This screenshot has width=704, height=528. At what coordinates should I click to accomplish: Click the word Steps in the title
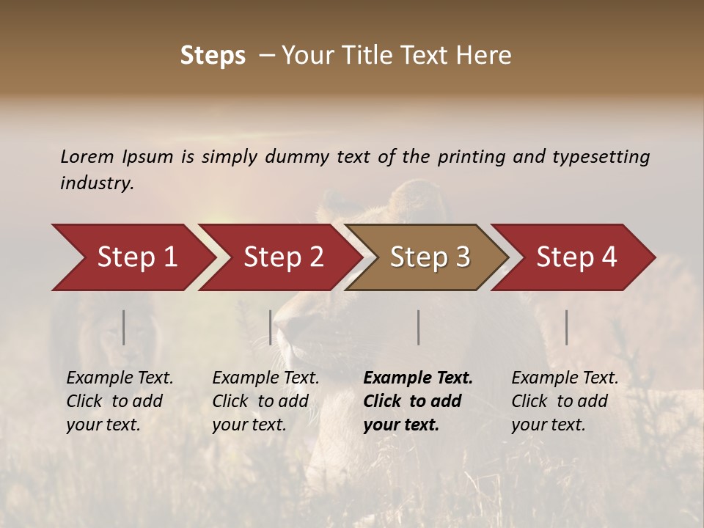pos(213,56)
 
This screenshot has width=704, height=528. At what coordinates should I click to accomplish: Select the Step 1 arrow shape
pos(132,257)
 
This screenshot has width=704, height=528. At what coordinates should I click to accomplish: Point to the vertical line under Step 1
pos(124,327)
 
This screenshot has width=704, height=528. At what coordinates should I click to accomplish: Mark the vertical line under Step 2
pos(271,327)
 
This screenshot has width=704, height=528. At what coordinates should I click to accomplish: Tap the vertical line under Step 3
pos(419,327)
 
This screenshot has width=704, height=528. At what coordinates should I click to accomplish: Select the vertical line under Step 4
pos(567,327)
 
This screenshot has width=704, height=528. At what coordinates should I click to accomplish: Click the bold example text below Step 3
pos(418,401)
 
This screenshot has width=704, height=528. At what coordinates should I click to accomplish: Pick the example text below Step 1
pos(120,401)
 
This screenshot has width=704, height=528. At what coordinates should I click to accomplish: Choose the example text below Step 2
pos(265,401)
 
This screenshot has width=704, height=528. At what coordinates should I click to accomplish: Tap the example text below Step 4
pos(565,401)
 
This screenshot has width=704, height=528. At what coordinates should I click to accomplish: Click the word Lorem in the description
pos(87,156)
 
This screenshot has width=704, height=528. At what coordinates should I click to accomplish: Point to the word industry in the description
pos(96,183)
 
